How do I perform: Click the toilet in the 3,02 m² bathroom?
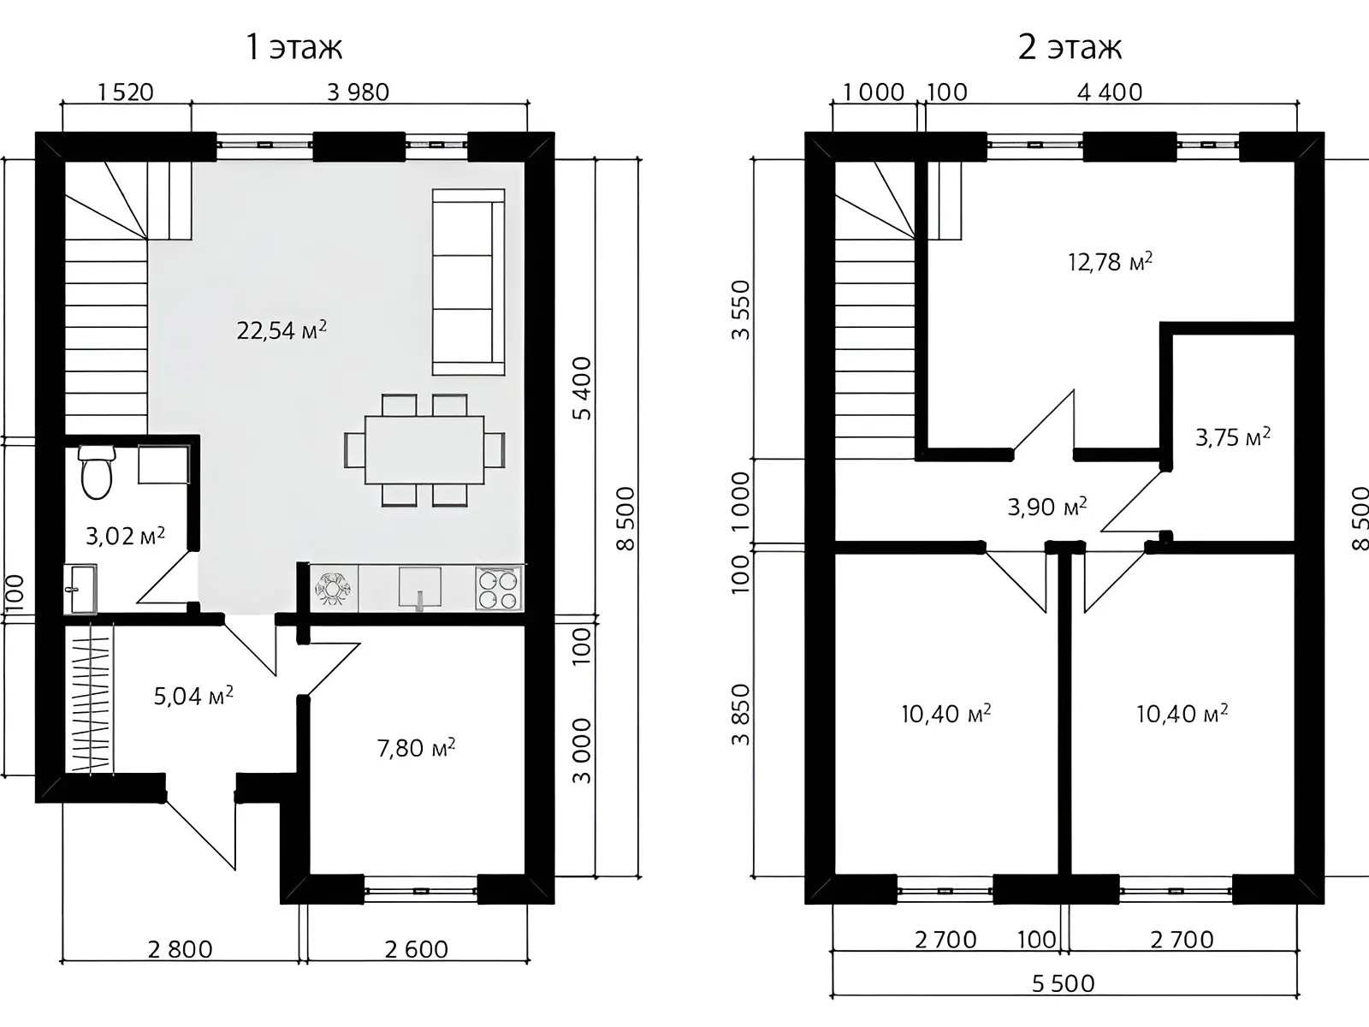[96, 472]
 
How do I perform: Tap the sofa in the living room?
[468, 282]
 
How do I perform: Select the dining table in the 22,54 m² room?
[424, 450]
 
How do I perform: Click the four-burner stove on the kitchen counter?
[499, 588]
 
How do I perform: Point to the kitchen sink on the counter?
[420, 588]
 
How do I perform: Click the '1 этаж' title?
[294, 47]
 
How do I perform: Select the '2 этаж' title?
[1070, 47]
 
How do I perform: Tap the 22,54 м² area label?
[282, 329]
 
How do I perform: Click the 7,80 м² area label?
[416, 747]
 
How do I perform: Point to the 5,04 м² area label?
[193, 695]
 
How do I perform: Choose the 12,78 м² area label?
[1110, 262]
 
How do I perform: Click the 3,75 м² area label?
[1232, 437]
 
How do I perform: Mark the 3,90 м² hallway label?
[1047, 507]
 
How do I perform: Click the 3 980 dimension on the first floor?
[358, 92]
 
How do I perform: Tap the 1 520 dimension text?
[126, 92]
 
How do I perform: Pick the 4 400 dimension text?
[1110, 92]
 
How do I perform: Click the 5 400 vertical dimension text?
[582, 388]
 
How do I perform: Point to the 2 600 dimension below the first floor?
[416, 949]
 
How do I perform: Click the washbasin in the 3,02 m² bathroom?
[80, 589]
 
